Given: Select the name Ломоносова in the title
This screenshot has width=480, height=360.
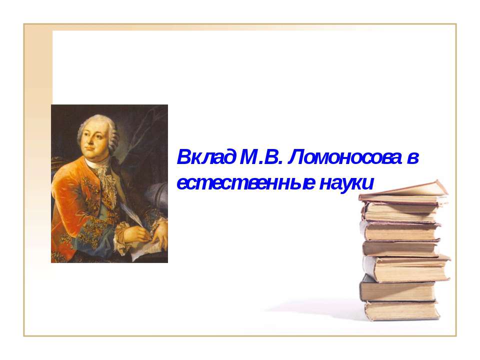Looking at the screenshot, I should click(345, 159).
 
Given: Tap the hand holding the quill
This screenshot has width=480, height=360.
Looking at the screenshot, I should click(139, 231).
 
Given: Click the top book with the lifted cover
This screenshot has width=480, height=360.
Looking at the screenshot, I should click(405, 192).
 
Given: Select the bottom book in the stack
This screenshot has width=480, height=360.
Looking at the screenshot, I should click(402, 310).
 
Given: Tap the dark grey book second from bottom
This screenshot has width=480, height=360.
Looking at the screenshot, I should click(397, 290).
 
